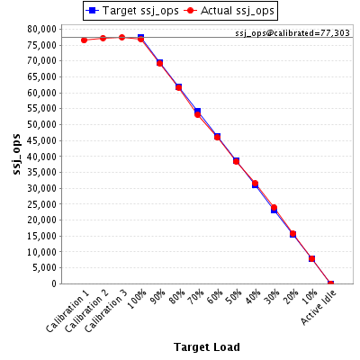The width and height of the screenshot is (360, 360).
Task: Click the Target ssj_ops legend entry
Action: [x=132, y=11]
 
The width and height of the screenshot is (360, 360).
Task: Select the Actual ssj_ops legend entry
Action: [x=229, y=11]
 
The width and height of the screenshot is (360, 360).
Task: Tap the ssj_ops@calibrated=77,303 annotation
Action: [x=292, y=33]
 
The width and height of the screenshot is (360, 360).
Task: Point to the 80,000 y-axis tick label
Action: [x=42, y=29]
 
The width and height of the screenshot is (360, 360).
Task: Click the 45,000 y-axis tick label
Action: [x=42, y=140]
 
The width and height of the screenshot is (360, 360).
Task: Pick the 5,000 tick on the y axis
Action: [x=44, y=267]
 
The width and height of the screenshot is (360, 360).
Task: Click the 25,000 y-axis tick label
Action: [x=42, y=204]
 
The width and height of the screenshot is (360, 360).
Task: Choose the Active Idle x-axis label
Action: [x=319, y=308]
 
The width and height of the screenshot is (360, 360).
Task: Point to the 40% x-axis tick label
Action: [x=253, y=297]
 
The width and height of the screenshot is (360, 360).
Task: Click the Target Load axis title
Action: [x=207, y=347]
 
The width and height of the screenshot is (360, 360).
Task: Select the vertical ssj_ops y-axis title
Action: [x=17, y=154]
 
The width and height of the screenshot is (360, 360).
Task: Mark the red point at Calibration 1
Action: [x=84, y=40]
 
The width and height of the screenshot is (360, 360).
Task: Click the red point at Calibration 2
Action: [x=103, y=39]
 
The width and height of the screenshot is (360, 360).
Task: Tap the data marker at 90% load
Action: [x=159, y=63]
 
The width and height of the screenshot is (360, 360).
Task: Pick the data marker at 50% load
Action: [x=236, y=161]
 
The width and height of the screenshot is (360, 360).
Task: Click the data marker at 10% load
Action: [x=311, y=258]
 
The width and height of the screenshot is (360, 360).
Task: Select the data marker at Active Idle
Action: [x=330, y=283]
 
